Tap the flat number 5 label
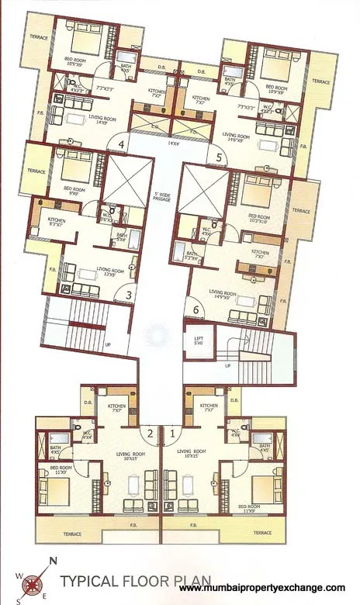click(x=220, y=157)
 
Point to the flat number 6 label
click(x=196, y=309)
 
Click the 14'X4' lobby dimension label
click(x=162, y=143)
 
